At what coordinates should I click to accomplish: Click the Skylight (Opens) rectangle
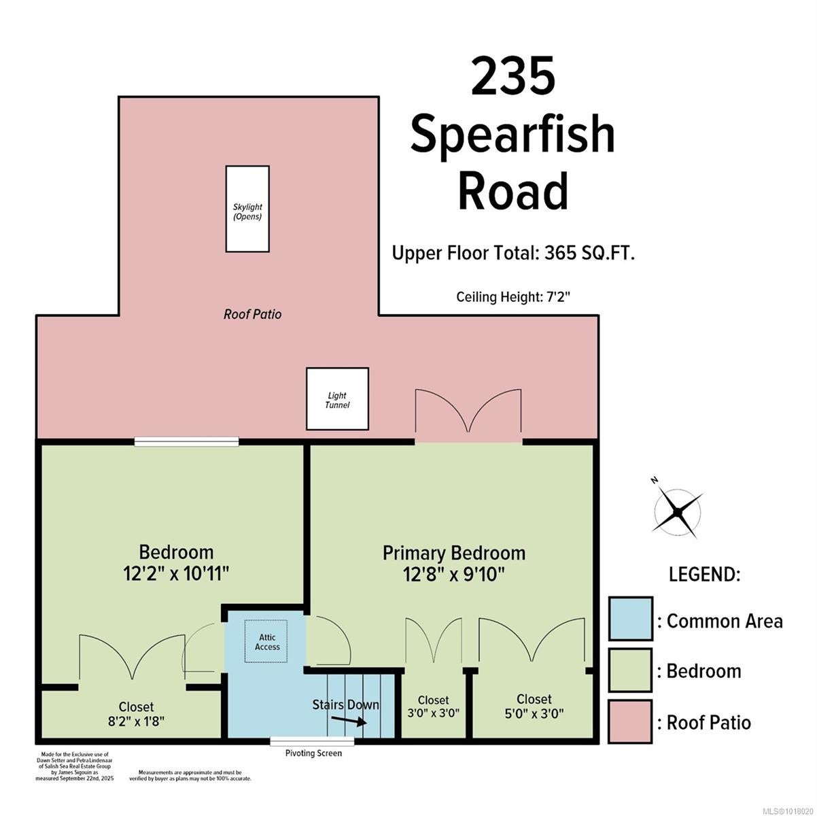(x=247, y=209)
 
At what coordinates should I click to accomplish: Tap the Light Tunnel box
(x=338, y=399)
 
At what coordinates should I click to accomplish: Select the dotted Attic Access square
(x=266, y=641)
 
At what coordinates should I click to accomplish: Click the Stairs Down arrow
(x=349, y=721)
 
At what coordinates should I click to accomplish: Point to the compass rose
(x=678, y=513)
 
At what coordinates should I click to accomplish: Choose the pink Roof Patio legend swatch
(x=631, y=721)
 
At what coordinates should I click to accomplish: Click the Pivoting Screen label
(x=313, y=753)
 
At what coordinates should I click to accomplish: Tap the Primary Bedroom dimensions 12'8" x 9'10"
(x=453, y=575)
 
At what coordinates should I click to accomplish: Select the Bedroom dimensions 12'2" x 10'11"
(x=176, y=574)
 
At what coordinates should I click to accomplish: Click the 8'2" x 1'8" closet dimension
(x=136, y=721)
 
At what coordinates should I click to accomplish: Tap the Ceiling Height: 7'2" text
(x=513, y=296)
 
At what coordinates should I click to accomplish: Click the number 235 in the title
(x=512, y=75)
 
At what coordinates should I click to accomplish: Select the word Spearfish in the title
(x=512, y=134)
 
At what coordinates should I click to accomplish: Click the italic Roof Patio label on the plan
(x=252, y=314)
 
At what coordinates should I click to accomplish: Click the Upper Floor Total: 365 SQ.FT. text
(x=513, y=254)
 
